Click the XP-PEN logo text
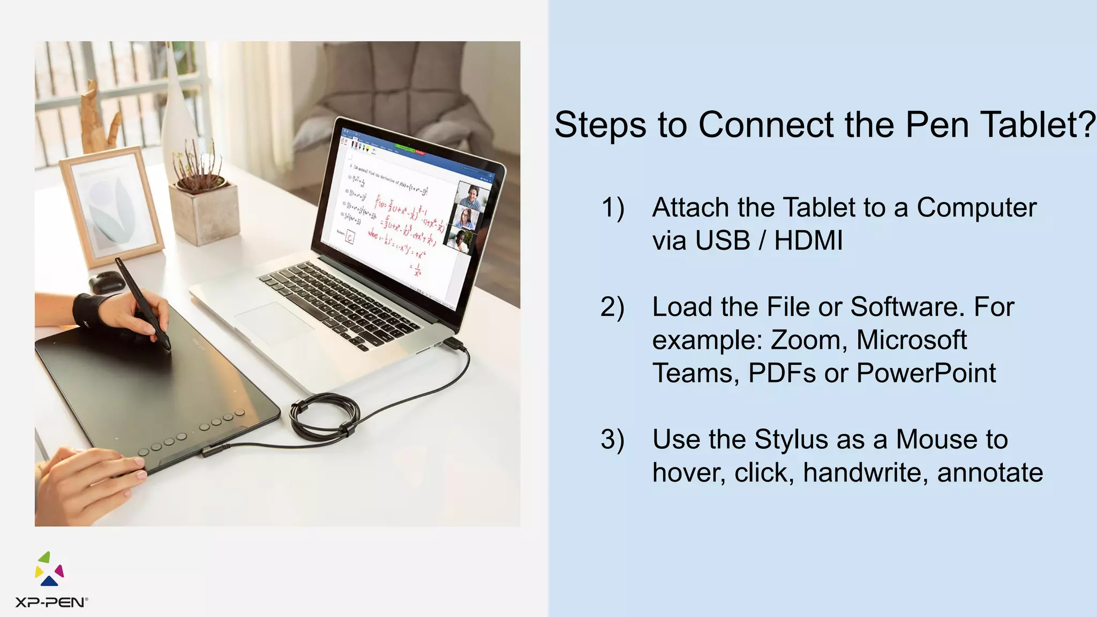point(50,603)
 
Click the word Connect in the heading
point(766,125)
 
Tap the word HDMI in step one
point(808,240)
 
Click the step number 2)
point(612,307)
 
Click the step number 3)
point(612,440)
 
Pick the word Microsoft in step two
point(911,340)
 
